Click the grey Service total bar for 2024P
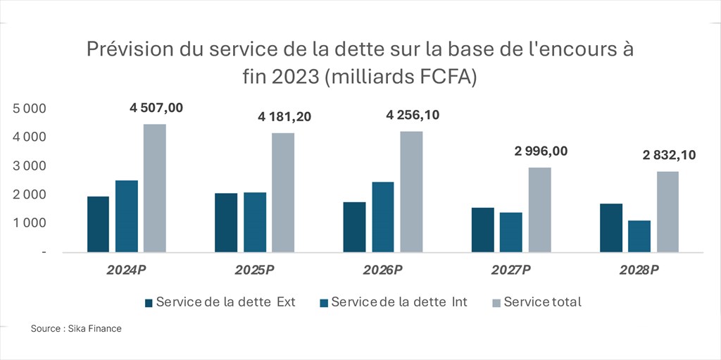pyautogui.click(x=155, y=188)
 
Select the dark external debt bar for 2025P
pyautogui.click(x=226, y=222)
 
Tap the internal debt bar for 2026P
pyautogui.click(x=382, y=216)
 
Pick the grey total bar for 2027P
pyautogui.click(x=539, y=209)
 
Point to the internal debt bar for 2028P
pyautogui.click(x=639, y=236)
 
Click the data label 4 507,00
pyautogui.click(x=156, y=108)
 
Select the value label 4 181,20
pyautogui.click(x=284, y=117)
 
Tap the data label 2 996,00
pyautogui.click(x=540, y=151)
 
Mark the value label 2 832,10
pyautogui.click(x=668, y=155)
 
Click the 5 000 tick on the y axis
pyautogui.click(x=30, y=108)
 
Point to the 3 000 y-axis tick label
pyautogui.click(x=30, y=166)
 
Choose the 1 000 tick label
pyautogui.click(x=30, y=223)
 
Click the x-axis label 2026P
pyautogui.click(x=383, y=271)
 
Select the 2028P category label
pyautogui.click(x=639, y=271)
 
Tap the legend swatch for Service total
pyautogui.click(x=496, y=303)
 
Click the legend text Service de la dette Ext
pyautogui.click(x=225, y=302)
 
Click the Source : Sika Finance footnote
pyautogui.click(x=76, y=329)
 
